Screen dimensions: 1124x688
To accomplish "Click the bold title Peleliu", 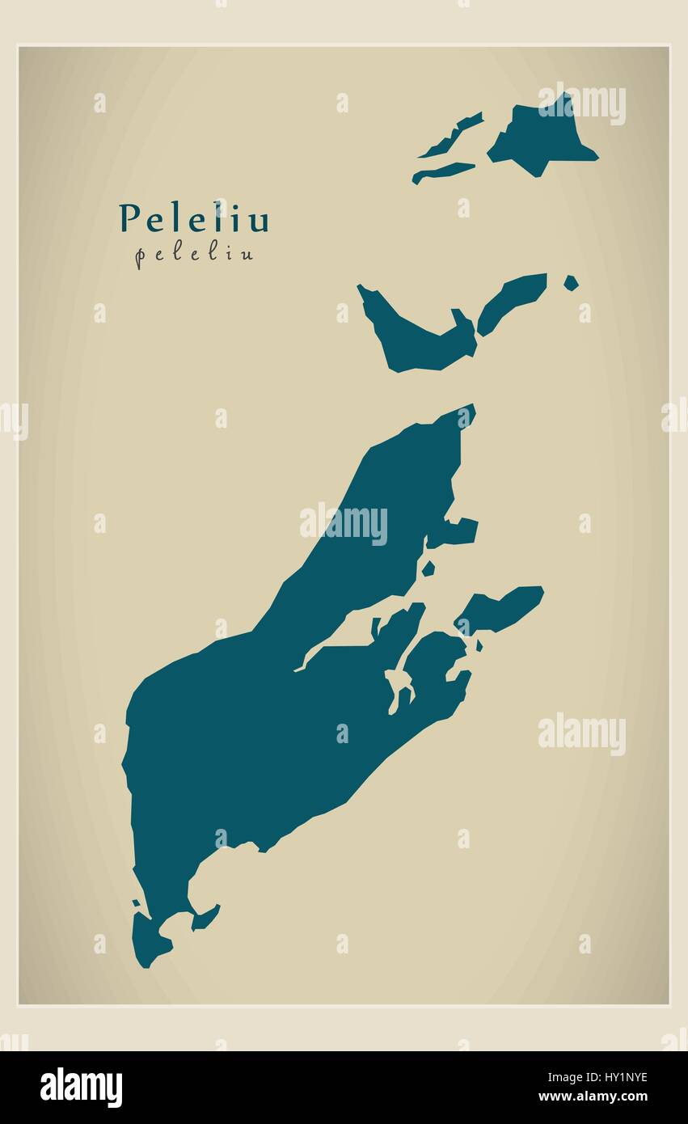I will coord(194,218).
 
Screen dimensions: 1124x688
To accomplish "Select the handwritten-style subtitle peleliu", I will coord(194,254).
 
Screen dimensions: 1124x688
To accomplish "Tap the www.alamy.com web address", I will coord(594,1097).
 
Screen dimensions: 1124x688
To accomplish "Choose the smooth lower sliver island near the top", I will coord(443,171).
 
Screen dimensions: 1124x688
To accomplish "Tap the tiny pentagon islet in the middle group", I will coord(571,283).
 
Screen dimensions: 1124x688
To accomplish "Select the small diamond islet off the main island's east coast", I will coord(428,568).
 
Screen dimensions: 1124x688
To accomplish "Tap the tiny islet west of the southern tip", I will coord(136,902).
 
